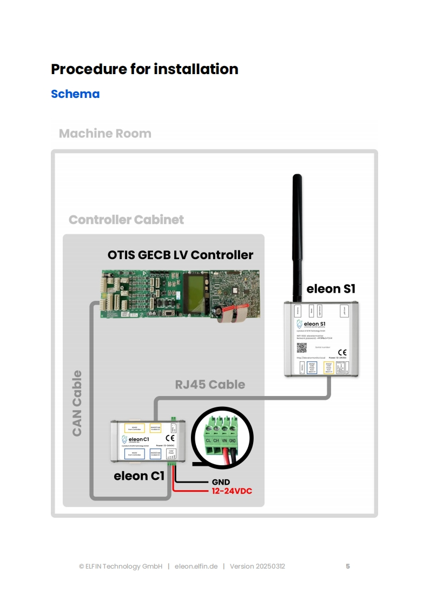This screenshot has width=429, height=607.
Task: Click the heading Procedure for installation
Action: (144, 69)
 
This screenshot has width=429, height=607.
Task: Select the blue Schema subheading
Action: (75, 94)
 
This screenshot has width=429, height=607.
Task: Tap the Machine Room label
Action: (105, 134)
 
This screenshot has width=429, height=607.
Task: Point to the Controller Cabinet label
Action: (126, 220)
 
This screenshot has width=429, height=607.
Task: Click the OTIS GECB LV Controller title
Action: (180, 254)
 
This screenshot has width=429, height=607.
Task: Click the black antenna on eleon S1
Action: (296, 238)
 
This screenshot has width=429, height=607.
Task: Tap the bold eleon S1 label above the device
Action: (331, 288)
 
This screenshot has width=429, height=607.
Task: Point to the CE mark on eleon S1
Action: (342, 353)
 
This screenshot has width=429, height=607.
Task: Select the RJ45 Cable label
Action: (210, 385)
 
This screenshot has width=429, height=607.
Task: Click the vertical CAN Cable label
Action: (77, 403)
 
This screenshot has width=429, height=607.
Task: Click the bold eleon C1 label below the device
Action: (139, 476)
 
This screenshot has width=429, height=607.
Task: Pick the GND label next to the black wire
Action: (220, 482)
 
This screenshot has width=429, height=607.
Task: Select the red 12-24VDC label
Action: (232, 491)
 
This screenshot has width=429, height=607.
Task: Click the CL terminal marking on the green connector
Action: (209, 441)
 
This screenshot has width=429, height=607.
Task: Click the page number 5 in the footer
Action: (348, 566)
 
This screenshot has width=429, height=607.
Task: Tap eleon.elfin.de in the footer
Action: (196, 566)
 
